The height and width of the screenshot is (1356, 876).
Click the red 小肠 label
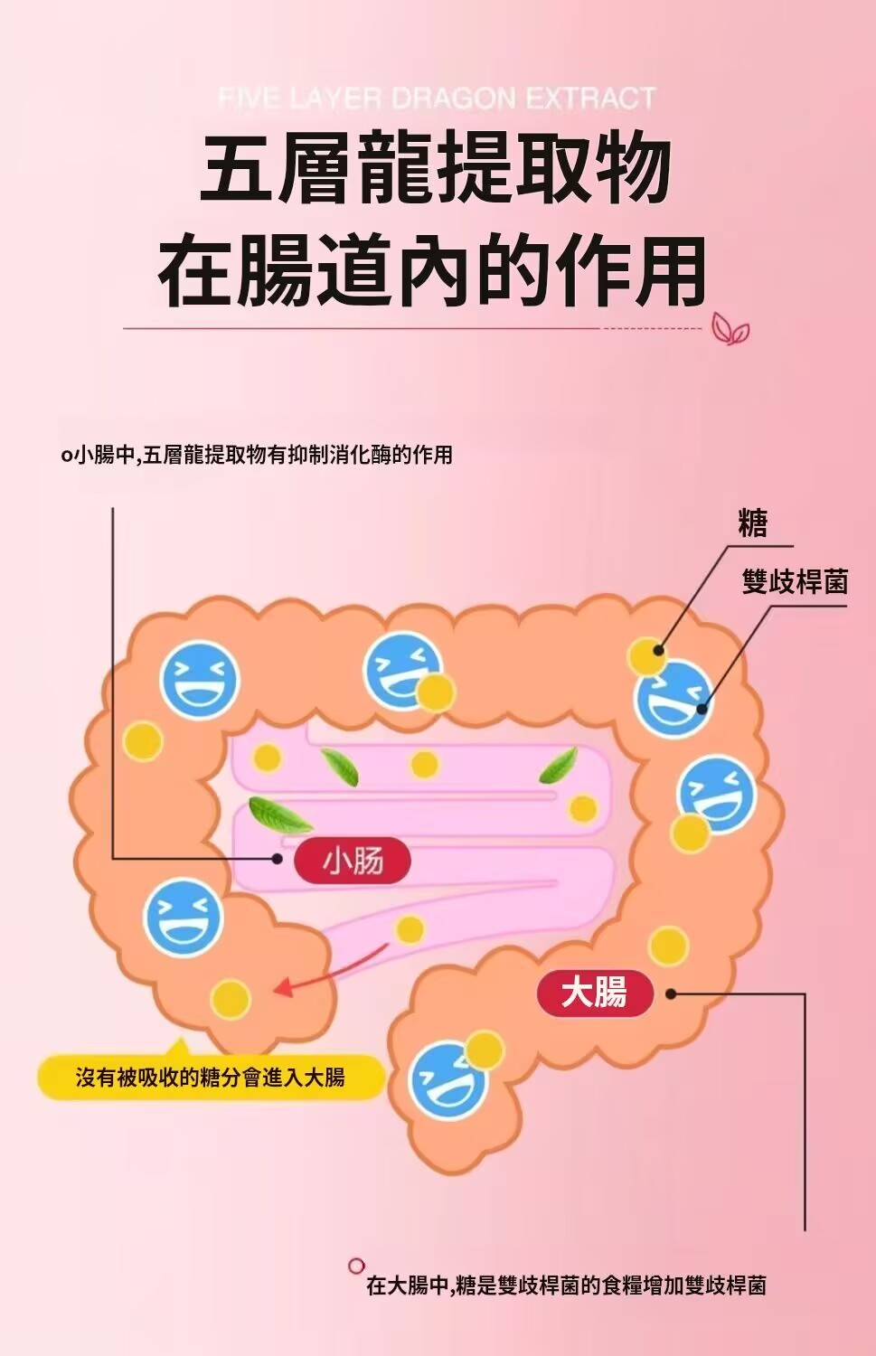click(353, 860)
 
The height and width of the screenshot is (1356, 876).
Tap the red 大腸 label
click(595, 994)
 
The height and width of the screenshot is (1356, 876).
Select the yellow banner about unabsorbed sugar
click(211, 1077)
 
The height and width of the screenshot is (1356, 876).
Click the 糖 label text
click(752, 523)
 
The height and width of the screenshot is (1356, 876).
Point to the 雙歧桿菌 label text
click(795, 581)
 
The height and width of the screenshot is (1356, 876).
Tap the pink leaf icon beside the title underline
click(730, 329)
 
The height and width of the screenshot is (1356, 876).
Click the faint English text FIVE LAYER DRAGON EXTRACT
click(437, 98)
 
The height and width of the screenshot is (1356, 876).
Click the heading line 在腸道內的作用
click(432, 270)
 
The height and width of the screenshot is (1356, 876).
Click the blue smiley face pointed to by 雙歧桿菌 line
click(673, 699)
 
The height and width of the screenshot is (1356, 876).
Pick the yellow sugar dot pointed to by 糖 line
click(646, 656)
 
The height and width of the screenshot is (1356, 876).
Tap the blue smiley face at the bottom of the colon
click(447, 1079)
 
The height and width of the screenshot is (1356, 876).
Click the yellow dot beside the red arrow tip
click(231, 999)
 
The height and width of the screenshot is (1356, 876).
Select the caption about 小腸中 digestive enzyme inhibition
click(257, 455)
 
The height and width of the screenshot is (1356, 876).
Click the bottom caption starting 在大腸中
click(566, 1285)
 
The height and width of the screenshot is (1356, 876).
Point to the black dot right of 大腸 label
click(671, 994)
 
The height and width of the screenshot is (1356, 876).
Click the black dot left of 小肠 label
click(278, 859)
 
